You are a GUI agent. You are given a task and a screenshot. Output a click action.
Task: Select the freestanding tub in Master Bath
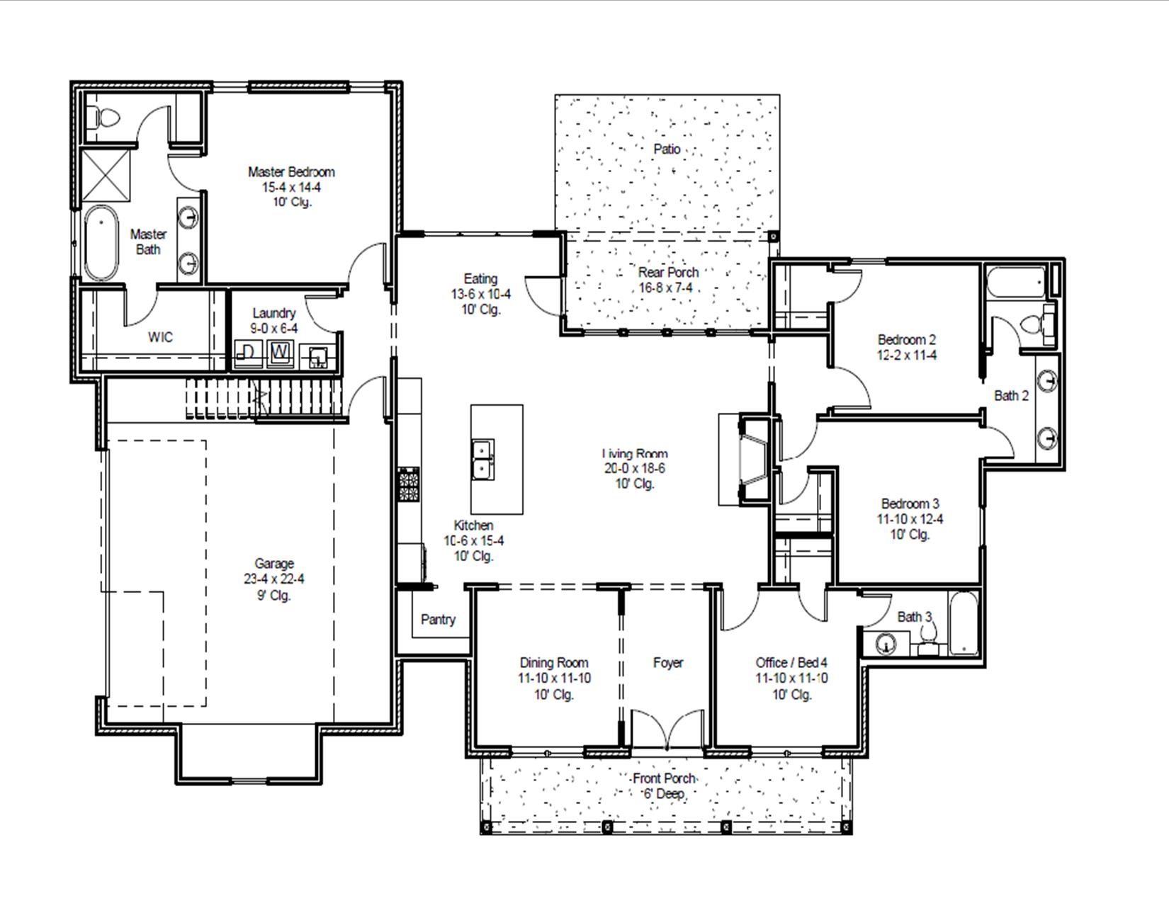tap(101, 243)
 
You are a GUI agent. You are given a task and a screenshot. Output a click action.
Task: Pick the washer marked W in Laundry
tap(281, 353)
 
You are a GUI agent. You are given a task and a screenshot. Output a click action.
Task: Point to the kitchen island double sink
tap(483, 459)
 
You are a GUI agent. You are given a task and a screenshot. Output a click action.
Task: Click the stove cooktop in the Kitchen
tap(409, 484)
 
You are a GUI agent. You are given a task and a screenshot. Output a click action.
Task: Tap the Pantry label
tap(438, 620)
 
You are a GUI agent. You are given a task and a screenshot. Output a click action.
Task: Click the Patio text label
tap(667, 149)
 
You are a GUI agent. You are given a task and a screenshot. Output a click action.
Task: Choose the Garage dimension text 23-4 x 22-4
tap(273, 579)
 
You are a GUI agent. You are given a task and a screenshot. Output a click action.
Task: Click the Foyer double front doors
tap(667, 729)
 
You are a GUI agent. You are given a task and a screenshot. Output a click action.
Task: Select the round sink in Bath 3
tap(886, 644)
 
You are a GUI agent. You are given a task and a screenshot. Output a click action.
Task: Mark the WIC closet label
tap(160, 337)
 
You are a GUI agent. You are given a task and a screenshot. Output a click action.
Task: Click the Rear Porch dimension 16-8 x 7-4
tap(667, 288)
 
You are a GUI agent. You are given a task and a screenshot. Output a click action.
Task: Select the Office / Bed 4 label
tap(791, 663)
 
